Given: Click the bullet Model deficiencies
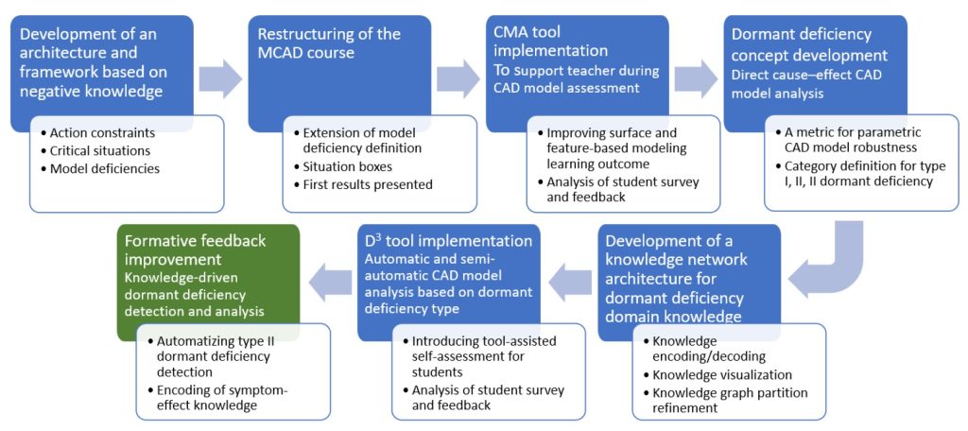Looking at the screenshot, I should point(107,167).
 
